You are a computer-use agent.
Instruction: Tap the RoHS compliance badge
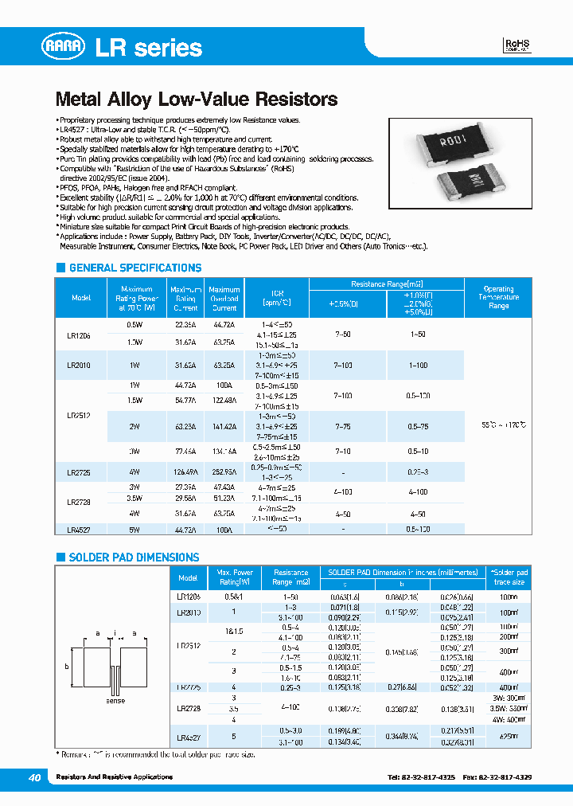click(517, 45)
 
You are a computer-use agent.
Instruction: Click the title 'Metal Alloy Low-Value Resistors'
click(197, 100)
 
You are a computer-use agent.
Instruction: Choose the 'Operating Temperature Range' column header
click(498, 298)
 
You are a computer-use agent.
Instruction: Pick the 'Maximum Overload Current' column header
click(224, 299)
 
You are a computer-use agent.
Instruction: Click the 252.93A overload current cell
click(224, 472)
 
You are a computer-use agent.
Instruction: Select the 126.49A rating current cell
click(185, 472)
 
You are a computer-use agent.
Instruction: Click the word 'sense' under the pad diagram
click(115, 701)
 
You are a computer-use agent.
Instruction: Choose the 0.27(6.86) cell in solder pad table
click(402, 687)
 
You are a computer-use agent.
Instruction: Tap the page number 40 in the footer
click(34, 777)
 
